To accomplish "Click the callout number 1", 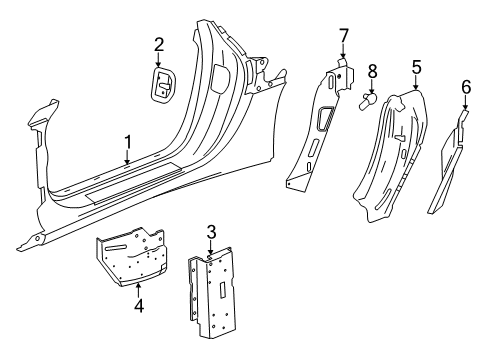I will point(127,142).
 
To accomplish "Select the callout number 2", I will point(158,43).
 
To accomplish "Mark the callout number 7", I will point(343,38).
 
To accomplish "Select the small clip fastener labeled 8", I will point(368,101).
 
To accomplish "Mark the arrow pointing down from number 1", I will point(127,157).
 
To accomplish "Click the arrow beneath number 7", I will point(343,56).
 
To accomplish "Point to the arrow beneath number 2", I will point(158,60).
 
